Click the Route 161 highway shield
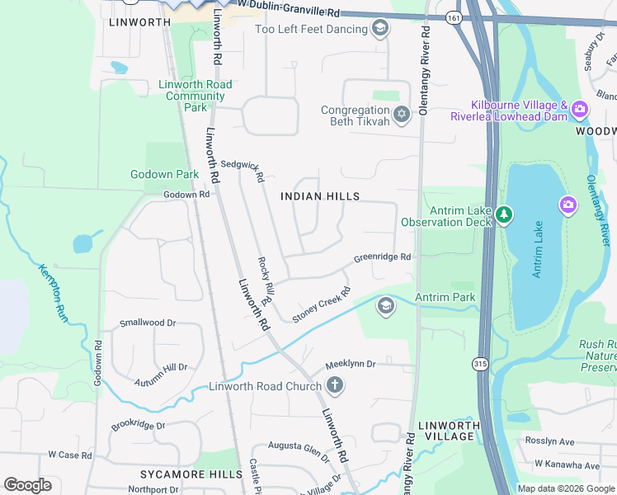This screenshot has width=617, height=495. pos(453,17)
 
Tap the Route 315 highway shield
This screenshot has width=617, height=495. pos(480,363)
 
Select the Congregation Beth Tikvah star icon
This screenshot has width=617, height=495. pos(402,115)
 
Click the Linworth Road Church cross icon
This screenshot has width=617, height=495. pos(334,385)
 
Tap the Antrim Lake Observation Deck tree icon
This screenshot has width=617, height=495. pos(504,216)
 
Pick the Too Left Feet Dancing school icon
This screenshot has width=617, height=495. pos(379,30)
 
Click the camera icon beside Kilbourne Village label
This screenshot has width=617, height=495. pos(580,110)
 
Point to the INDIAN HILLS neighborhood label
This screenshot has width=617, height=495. pos(320,196)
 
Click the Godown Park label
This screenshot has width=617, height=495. pos(164,174)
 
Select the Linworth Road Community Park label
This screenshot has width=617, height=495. pos(195,96)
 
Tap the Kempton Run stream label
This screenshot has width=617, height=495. pos(51,292)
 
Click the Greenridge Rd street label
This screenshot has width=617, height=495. pos(382,257)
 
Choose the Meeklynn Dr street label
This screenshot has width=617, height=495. pos(350,363)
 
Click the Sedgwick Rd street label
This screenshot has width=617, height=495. pos(242,171)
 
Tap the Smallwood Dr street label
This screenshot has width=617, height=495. pos(148,323)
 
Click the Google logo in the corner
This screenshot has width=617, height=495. pos(27,485)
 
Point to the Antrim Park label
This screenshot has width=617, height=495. pos(445,297)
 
